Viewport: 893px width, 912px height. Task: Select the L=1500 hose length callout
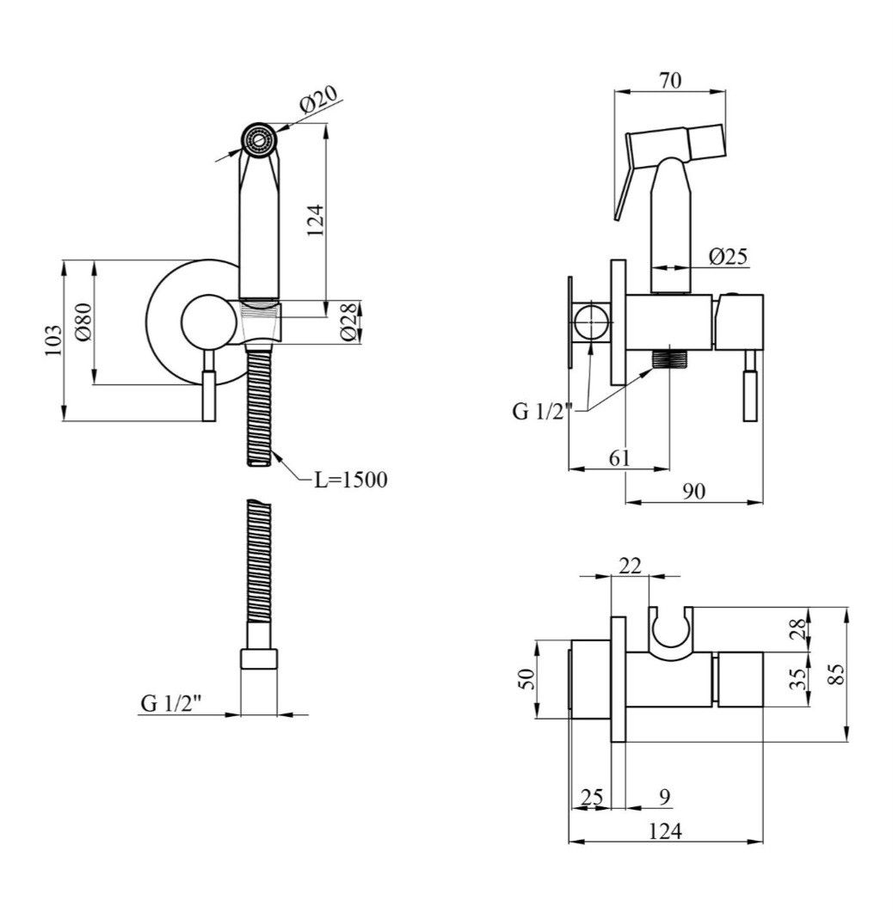350,480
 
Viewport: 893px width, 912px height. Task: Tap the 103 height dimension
53,340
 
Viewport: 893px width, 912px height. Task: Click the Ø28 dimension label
348,321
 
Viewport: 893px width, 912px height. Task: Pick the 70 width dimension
670,80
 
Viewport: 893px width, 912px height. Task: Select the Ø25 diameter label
729,256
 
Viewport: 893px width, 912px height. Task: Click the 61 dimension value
619,458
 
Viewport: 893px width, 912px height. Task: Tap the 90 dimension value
693,492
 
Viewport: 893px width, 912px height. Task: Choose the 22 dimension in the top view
630,565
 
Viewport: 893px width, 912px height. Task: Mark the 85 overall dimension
836,675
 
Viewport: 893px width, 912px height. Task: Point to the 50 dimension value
526,679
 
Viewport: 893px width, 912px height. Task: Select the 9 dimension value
666,796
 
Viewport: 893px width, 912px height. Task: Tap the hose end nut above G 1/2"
259,659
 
